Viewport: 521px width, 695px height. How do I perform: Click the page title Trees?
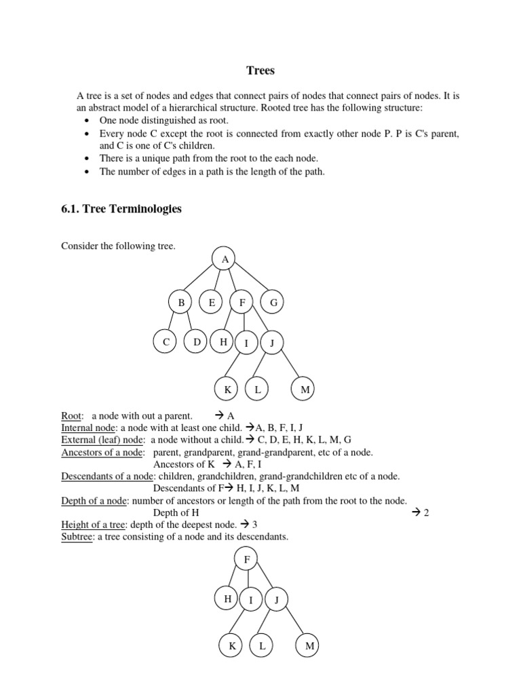pos(260,71)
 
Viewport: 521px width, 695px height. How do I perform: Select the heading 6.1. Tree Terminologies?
pos(121,209)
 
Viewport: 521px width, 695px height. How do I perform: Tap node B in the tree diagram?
pos(181,302)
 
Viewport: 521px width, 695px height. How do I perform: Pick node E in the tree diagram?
pos(212,302)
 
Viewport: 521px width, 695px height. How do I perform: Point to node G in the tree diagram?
pos(273,302)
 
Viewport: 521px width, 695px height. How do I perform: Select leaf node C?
pos(166,343)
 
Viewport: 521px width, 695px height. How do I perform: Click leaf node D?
pos(197,342)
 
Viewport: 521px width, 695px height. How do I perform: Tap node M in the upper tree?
pos(305,389)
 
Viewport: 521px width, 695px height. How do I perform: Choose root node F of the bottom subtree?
pos(246,559)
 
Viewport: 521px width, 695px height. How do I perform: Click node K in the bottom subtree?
pos(232,646)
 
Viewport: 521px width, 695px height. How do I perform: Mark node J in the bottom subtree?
pos(277,600)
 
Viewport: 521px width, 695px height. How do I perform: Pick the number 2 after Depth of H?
pos(426,512)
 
